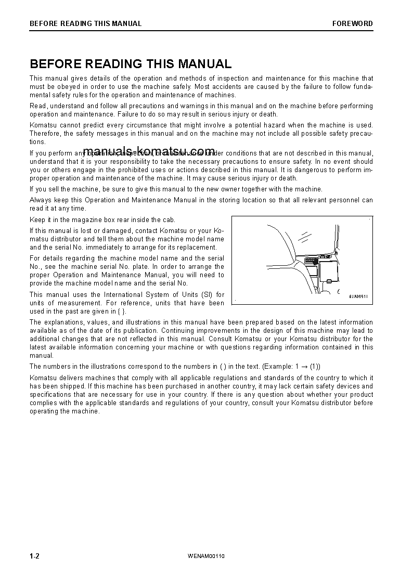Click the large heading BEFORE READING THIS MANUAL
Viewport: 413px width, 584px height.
[131, 64]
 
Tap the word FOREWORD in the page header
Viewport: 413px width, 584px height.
[353, 23]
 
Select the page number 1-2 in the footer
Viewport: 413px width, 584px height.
[35, 556]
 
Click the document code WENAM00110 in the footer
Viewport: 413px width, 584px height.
[206, 556]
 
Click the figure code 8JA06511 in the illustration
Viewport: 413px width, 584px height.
[358, 296]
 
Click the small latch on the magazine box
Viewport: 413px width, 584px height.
[329, 281]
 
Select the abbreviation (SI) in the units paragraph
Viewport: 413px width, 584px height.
[205, 295]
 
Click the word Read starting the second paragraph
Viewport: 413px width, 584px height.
[38, 106]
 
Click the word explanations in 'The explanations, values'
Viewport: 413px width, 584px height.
[63, 322]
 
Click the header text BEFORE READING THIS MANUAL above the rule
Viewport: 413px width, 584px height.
[85, 23]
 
